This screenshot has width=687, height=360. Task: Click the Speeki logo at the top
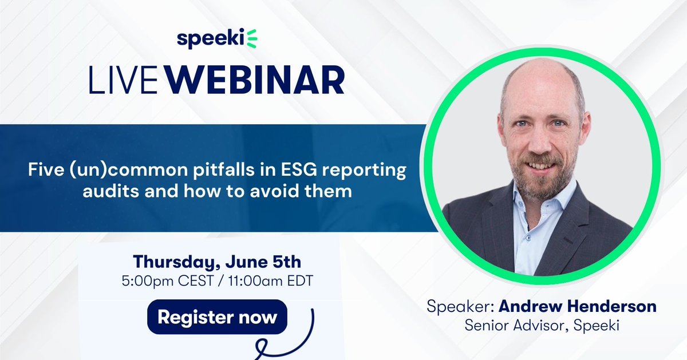217,40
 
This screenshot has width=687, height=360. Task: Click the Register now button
218,317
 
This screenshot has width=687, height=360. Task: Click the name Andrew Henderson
577,307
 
